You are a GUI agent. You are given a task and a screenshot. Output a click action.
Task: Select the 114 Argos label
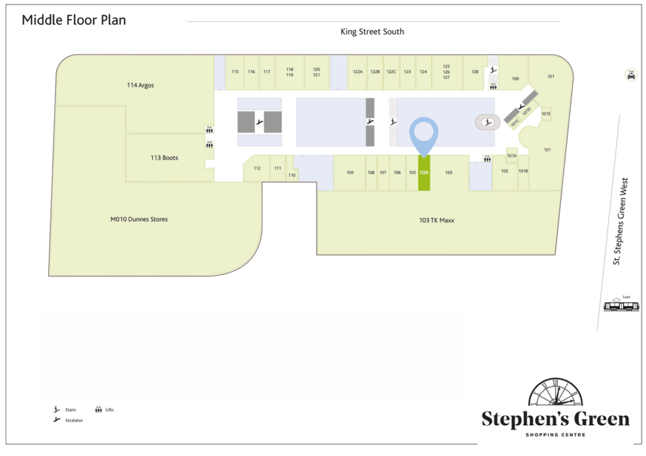tap(140, 86)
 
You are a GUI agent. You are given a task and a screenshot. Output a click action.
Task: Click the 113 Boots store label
tap(164, 158)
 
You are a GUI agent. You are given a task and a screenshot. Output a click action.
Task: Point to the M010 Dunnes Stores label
tap(138, 219)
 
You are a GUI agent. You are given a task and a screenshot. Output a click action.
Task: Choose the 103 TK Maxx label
tap(436, 220)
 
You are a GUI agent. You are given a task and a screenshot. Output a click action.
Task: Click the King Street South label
tap(372, 32)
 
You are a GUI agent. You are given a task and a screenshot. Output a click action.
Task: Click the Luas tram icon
tap(622, 305)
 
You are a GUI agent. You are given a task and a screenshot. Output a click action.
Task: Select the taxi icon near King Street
tap(631, 75)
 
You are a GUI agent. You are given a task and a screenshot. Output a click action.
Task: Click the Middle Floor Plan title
tap(74, 20)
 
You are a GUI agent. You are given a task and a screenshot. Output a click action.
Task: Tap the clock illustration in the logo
tap(555, 395)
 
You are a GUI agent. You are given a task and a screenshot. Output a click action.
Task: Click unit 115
tap(235, 72)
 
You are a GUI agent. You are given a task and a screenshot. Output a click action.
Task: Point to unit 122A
tap(358, 72)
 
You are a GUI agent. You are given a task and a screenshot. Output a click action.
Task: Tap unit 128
tap(475, 72)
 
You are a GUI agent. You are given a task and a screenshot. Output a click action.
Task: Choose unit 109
tap(350, 172)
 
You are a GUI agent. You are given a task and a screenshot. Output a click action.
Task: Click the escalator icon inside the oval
tap(487, 122)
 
